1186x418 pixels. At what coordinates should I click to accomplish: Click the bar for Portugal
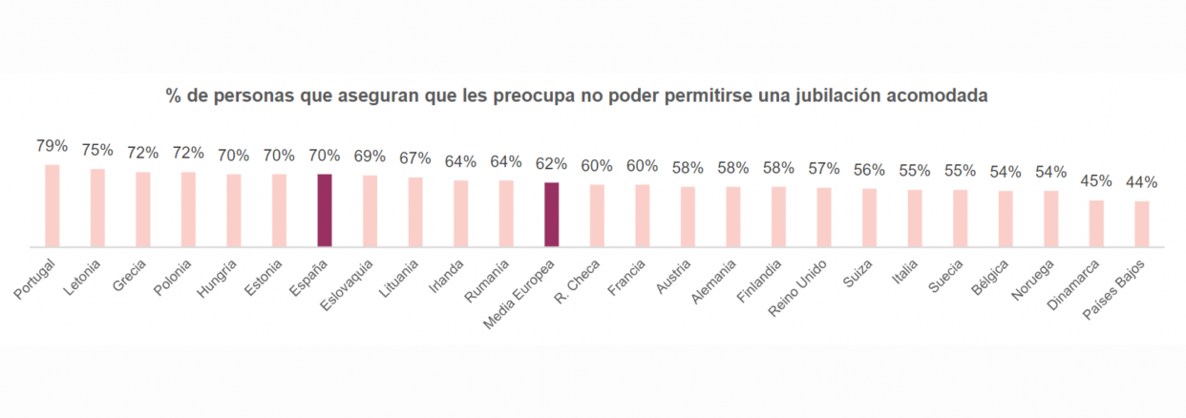click(53, 206)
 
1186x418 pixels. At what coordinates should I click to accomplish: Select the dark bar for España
click(325, 210)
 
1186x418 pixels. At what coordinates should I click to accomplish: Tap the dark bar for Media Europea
click(551, 215)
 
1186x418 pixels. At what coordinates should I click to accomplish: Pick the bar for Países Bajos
click(1141, 223)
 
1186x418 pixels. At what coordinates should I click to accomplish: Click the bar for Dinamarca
click(1096, 223)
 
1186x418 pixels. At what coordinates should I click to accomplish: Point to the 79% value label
click(53, 146)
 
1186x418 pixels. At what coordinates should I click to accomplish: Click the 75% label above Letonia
click(97, 150)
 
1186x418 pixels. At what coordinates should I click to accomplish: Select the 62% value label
click(551, 163)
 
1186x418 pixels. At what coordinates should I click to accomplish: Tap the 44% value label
click(1141, 181)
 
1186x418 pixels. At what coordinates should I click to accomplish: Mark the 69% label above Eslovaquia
click(370, 156)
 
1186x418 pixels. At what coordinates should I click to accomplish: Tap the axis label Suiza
click(856, 271)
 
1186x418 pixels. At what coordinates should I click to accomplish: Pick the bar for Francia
click(642, 216)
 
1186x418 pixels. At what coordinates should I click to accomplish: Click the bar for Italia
click(914, 219)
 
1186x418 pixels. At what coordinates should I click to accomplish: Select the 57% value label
click(823, 168)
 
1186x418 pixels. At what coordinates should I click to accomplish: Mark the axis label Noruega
click(1033, 276)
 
